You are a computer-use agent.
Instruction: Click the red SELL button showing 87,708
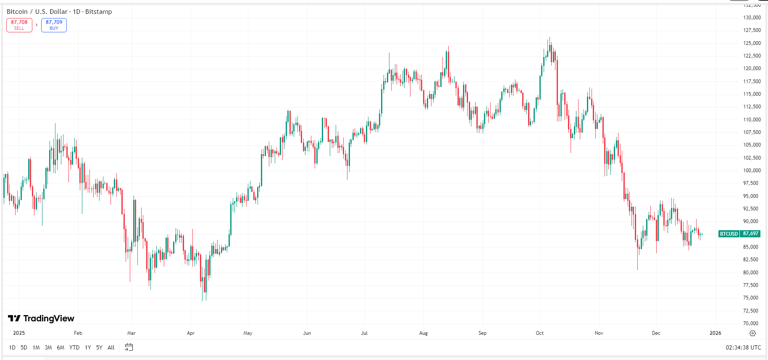[19, 25]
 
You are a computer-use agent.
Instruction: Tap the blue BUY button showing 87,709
[54, 25]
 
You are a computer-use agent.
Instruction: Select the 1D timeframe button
[12, 347]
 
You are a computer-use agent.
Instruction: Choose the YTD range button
[74, 347]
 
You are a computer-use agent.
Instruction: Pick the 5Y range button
[99, 347]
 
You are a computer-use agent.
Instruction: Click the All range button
[111, 347]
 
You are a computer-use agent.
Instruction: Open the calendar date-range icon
[129, 347]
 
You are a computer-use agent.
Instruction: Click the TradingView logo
[41, 318]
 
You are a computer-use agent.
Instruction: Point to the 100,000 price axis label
[752, 171]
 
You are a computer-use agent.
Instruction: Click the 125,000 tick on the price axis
[752, 43]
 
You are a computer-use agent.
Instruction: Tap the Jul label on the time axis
[364, 333]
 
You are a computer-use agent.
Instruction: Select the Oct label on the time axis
[540, 333]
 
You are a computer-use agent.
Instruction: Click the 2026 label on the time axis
[715, 333]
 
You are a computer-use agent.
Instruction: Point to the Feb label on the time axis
[78, 333]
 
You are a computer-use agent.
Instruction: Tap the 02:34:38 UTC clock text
[743, 347]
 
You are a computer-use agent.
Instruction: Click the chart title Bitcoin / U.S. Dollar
[37, 12]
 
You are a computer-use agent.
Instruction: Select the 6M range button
[60, 347]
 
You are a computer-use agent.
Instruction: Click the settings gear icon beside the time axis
[752, 333]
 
